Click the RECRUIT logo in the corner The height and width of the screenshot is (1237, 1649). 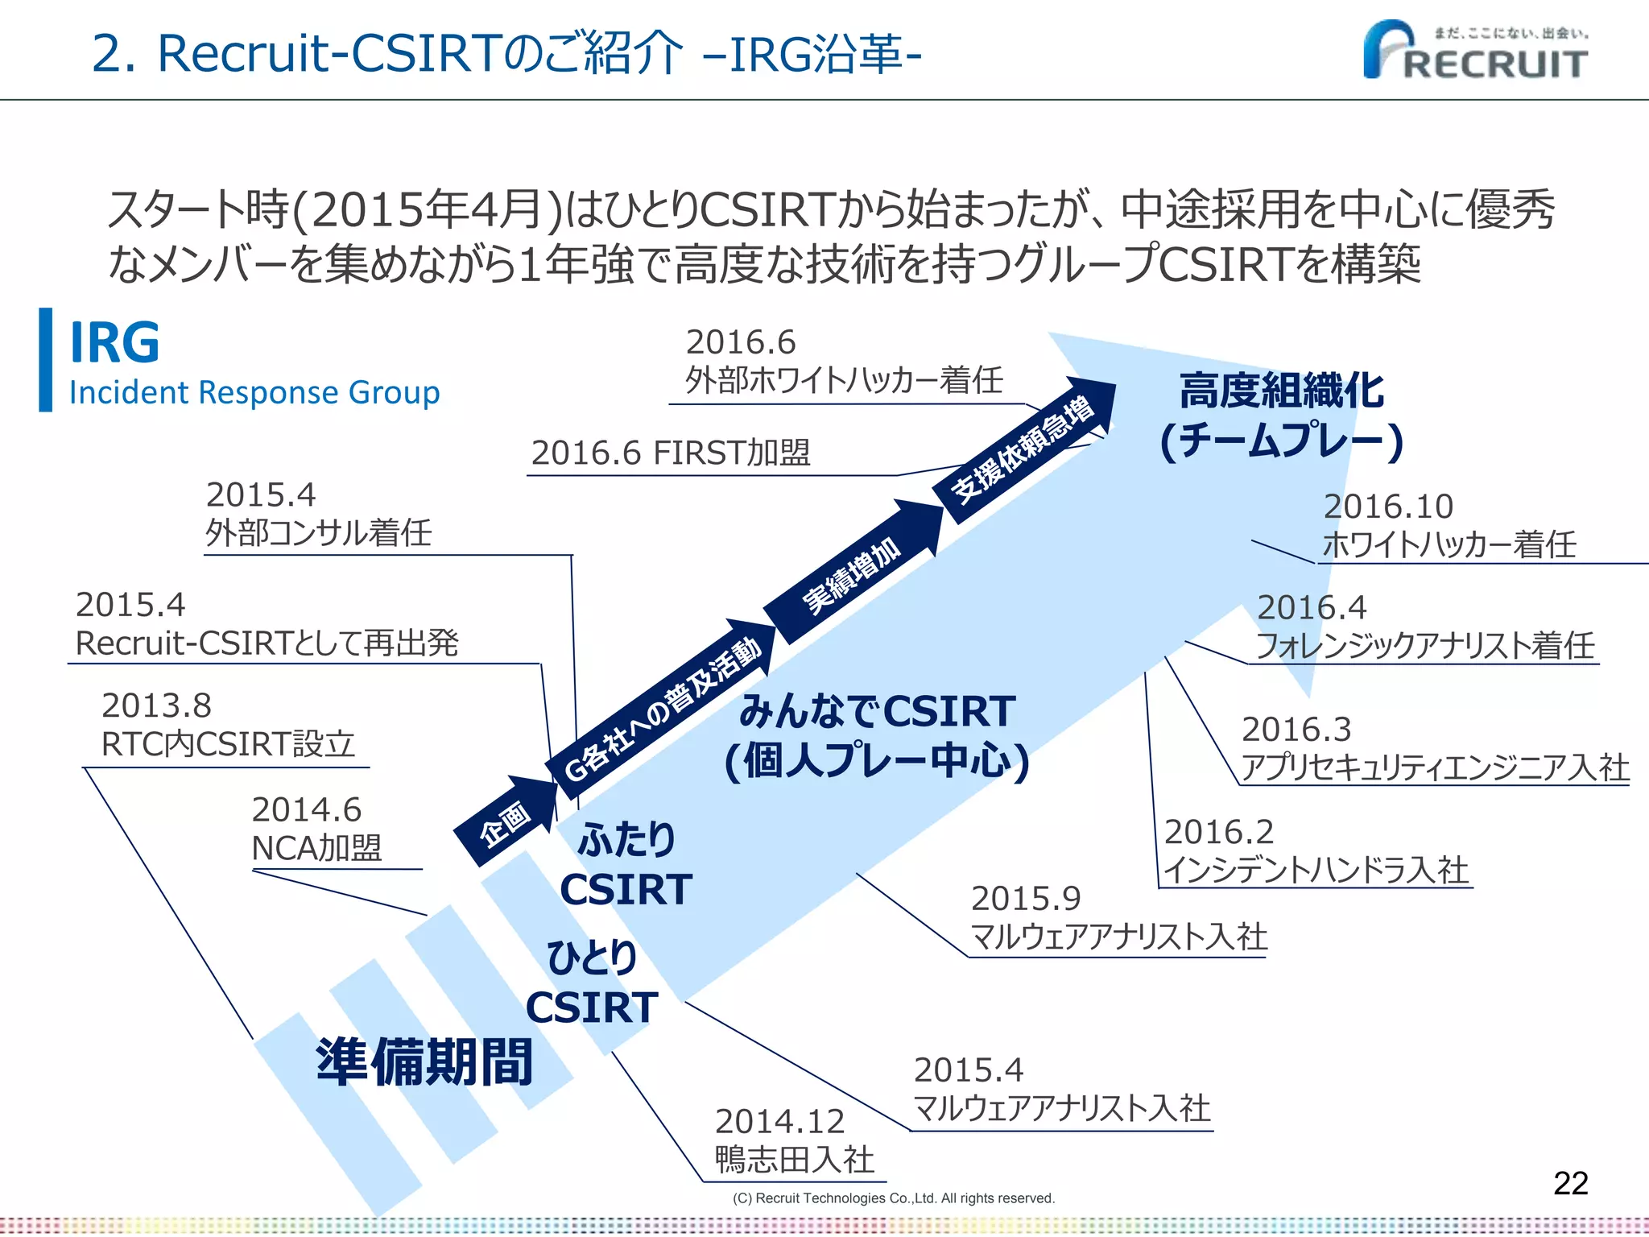tap(1475, 51)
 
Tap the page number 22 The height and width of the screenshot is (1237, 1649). tap(1570, 1183)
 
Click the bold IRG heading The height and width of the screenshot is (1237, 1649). tap(114, 343)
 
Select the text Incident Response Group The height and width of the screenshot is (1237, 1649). tap(254, 393)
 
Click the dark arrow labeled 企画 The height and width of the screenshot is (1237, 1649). tap(506, 821)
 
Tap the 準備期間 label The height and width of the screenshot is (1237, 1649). tap(424, 1061)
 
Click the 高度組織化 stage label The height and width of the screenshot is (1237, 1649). tap(1282, 391)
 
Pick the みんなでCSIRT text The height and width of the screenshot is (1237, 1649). tap(878, 711)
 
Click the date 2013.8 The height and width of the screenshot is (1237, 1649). tap(156, 706)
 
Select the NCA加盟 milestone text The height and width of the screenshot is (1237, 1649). tap(316, 848)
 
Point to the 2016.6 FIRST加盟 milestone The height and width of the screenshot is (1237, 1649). tap(671, 453)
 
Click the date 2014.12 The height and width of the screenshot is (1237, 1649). tap(779, 1121)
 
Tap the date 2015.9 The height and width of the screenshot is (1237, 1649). tap(1025, 899)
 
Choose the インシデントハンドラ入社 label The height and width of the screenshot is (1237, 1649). tap(1316, 871)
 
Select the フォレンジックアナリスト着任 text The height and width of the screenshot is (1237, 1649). tap(1425, 646)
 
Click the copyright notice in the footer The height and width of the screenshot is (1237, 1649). tap(893, 1198)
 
